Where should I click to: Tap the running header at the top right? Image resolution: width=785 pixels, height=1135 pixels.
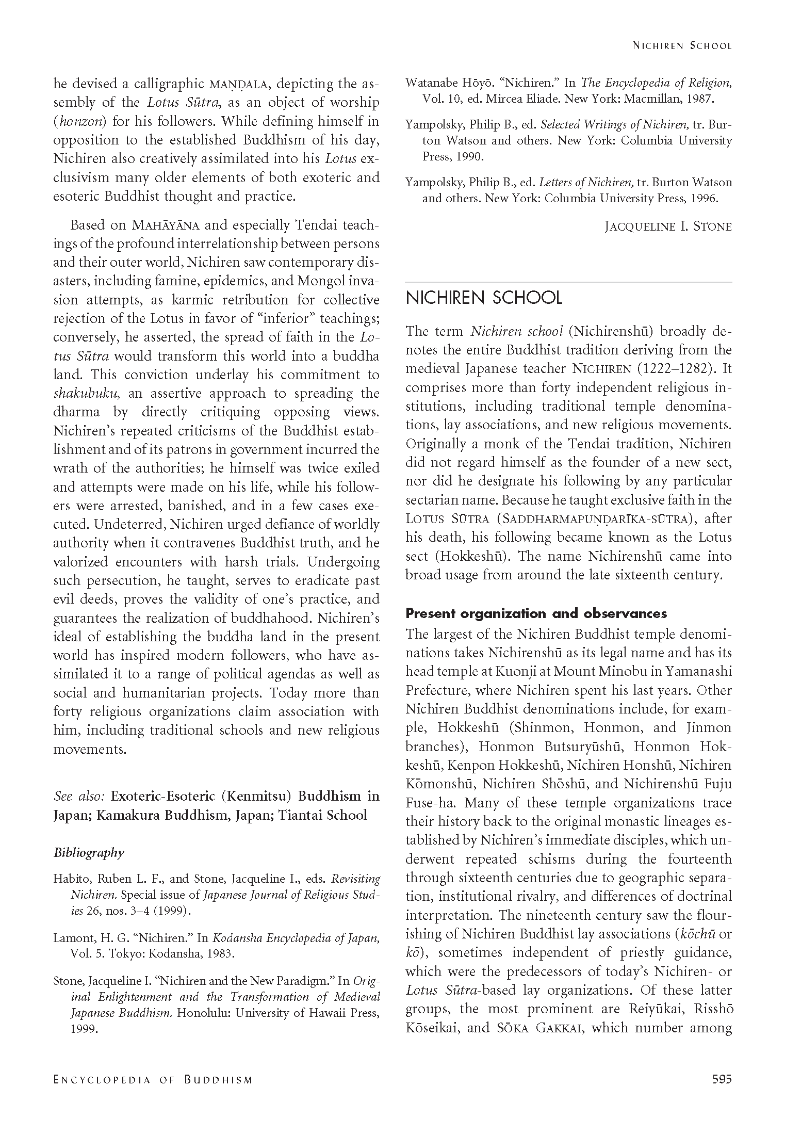pos(682,45)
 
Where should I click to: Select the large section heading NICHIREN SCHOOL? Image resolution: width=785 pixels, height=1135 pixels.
pos(483,298)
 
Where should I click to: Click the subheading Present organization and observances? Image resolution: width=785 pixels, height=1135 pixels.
pos(536,613)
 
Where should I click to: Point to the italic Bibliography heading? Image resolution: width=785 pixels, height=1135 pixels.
pos(89,852)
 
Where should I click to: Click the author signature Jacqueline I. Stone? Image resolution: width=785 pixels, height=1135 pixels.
pos(668,226)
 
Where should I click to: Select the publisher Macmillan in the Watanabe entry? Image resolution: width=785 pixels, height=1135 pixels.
pos(651,99)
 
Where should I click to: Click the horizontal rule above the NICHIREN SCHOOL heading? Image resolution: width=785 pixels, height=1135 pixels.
pos(568,282)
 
